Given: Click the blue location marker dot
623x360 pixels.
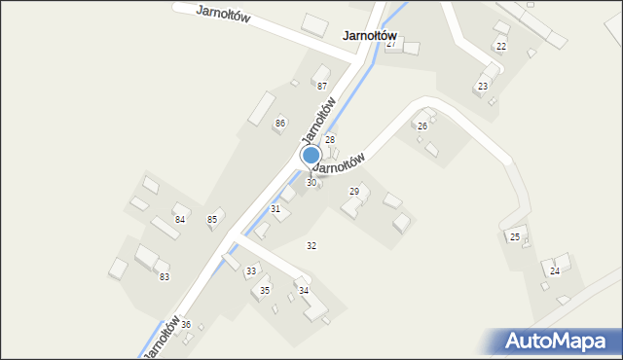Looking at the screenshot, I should (x=311, y=155).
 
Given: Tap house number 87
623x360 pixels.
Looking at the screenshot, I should (x=322, y=87).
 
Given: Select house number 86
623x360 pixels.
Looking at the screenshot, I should (x=280, y=123).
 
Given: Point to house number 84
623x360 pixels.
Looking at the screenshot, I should (x=180, y=219).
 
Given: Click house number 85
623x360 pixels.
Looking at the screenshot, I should (x=212, y=219).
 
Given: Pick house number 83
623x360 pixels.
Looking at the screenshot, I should (x=165, y=277).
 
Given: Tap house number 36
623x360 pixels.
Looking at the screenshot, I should (x=186, y=324).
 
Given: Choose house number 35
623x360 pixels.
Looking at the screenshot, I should (x=265, y=291).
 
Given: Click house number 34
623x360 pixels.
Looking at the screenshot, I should (x=304, y=291).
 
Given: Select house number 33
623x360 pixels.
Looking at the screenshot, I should (x=251, y=270).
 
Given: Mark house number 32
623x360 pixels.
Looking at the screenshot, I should (x=311, y=245).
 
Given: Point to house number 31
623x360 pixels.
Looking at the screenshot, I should (x=275, y=209).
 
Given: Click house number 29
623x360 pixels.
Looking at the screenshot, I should (x=354, y=192).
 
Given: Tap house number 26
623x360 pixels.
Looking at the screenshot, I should (x=422, y=126).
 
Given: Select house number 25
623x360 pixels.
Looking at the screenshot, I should (x=515, y=237).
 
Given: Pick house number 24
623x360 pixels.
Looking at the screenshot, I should (x=555, y=270).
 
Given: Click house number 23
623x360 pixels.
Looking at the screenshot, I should (x=482, y=87).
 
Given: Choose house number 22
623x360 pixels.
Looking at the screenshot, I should (x=501, y=47).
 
